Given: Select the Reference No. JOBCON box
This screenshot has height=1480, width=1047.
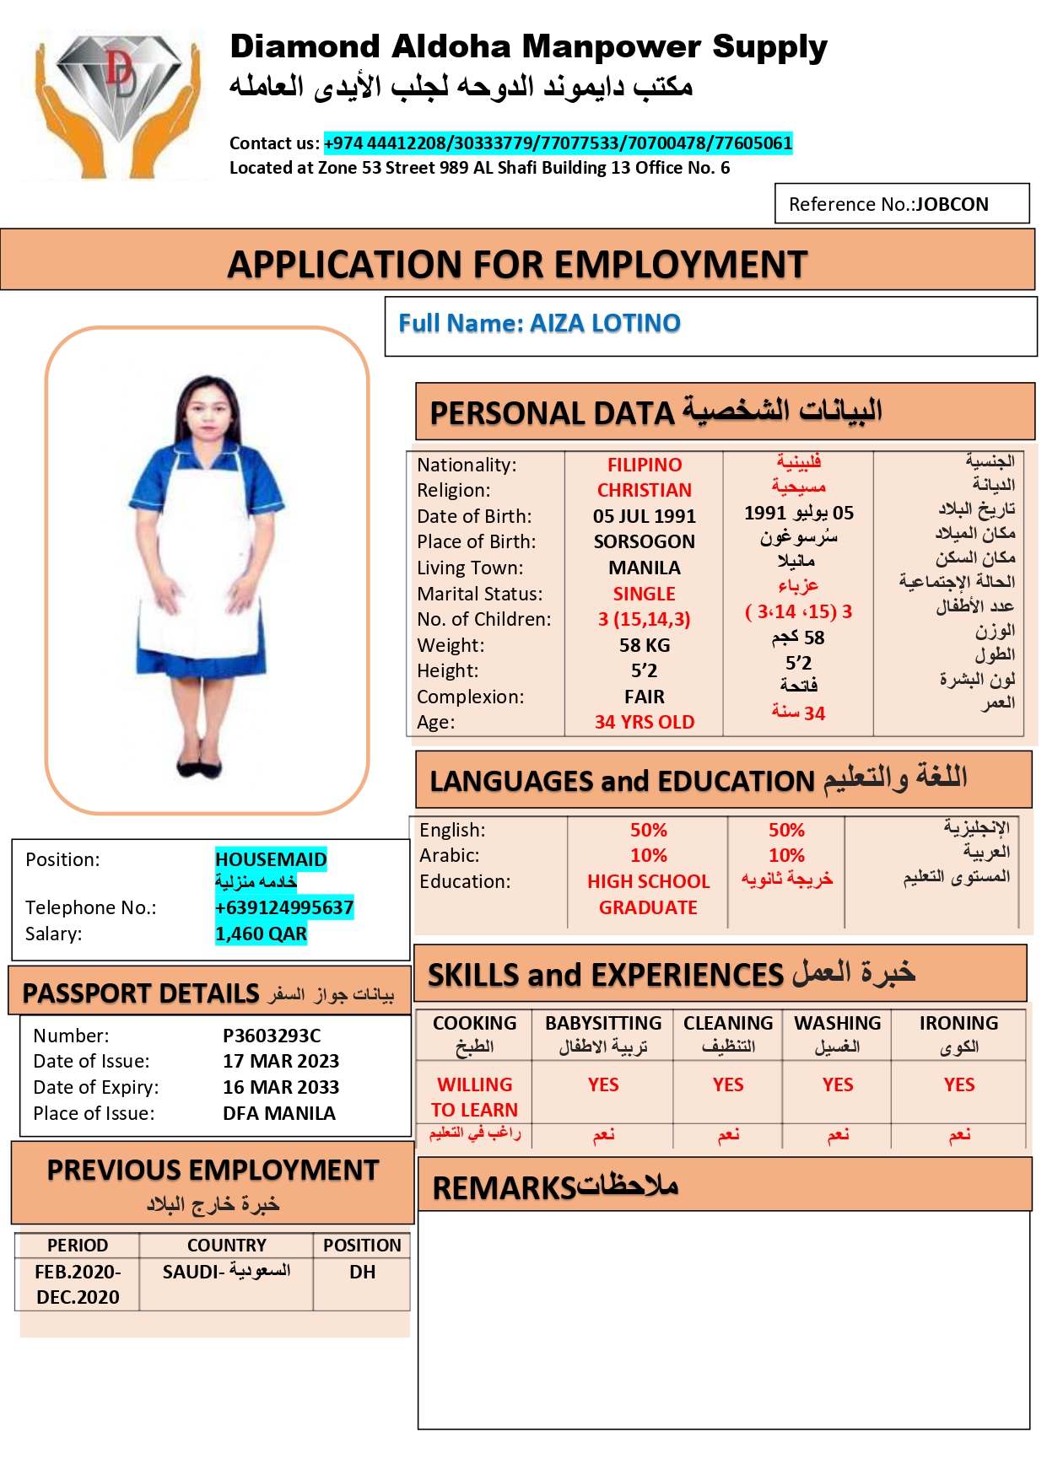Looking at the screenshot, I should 901,204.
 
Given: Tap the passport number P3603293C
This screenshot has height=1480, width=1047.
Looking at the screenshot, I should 272,1036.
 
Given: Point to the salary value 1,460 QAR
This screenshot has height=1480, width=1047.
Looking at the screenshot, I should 261,934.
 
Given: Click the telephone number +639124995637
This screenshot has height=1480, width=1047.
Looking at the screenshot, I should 283,907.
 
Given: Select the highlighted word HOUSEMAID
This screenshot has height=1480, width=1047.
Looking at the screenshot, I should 271,859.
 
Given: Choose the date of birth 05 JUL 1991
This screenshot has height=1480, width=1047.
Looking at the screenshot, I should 644,516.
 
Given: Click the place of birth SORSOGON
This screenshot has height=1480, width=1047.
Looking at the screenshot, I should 644,541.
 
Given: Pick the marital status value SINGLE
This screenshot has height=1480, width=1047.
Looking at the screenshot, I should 644,594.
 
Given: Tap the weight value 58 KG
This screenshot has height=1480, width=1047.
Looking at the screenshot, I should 644,645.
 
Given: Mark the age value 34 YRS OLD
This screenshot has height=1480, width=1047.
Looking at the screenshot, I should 644,722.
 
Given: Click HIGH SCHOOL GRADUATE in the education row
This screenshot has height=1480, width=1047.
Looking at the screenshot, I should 648,894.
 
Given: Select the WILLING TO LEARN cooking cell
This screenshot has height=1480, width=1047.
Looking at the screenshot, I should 474,1096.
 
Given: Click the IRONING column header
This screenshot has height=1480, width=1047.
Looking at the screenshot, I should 958,1023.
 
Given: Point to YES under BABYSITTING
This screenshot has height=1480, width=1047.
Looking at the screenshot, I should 603,1084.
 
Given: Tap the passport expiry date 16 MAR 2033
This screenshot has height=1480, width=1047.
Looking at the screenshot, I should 281,1087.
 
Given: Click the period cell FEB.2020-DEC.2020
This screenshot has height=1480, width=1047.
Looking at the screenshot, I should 78,1284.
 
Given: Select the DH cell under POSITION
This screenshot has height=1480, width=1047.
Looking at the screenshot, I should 362,1272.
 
